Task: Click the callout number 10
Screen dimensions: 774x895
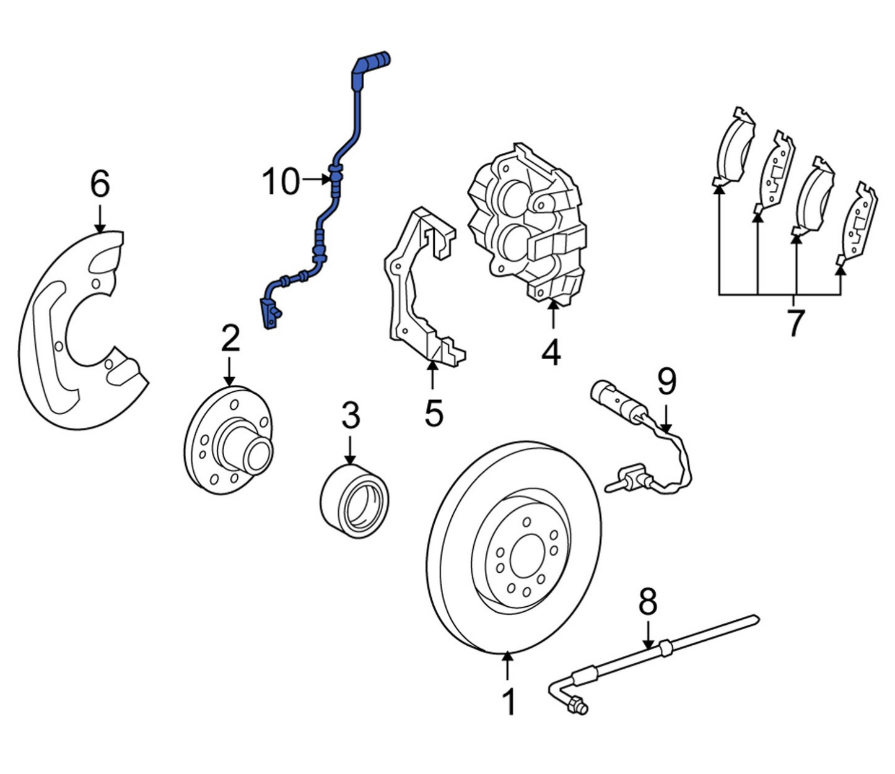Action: tap(281, 181)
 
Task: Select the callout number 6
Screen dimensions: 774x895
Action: tap(100, 184)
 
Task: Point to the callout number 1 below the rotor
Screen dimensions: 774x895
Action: tap(509, 702)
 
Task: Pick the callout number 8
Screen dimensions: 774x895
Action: tap(647, 601)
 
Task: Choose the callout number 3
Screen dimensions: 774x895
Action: tap(351, 415)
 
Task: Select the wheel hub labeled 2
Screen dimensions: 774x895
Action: tap(229, 440)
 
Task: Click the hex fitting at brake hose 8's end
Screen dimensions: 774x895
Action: tap(578, 705)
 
